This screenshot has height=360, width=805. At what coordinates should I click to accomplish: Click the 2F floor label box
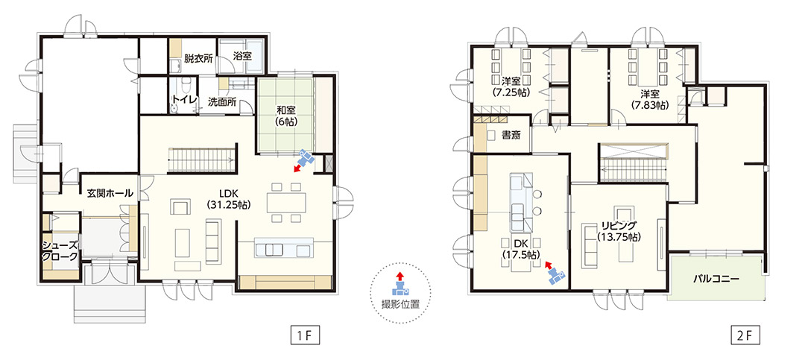(745, 336)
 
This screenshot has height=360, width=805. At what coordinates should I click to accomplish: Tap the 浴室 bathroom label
(242, 55)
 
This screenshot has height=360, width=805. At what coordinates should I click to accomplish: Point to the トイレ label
(184, 100)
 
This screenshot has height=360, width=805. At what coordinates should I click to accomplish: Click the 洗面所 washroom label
(222, 101)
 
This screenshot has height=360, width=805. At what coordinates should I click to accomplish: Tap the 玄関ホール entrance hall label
(110, 193)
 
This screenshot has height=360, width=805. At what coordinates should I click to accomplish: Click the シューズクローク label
(60, 250)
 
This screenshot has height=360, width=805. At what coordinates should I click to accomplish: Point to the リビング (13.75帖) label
(619, 231)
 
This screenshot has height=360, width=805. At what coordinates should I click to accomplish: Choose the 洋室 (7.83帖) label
(649, 99)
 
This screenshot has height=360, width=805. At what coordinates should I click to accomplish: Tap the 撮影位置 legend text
(400, 303)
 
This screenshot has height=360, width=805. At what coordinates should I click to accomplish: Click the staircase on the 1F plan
(202, 160)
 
